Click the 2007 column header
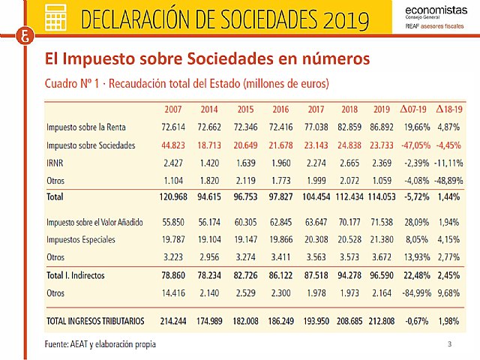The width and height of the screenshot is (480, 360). point(172,109)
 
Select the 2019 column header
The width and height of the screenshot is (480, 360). point(382,109)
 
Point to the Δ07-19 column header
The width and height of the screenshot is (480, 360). point(417,109)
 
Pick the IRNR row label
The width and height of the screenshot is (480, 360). point(55,161)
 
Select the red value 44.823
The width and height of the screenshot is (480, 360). point(172,145)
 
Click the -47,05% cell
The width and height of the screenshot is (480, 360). point(417,145)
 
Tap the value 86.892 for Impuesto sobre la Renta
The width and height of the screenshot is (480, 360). point(382,127)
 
